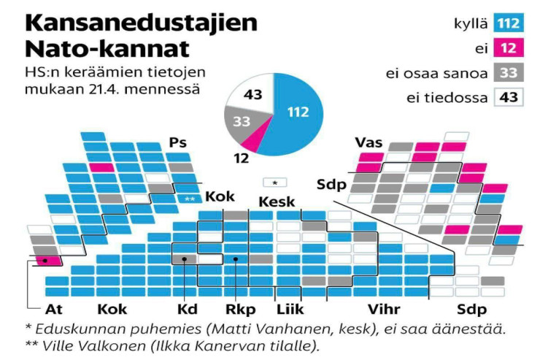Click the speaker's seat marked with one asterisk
point(274,182)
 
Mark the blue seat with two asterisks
point(190,198)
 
